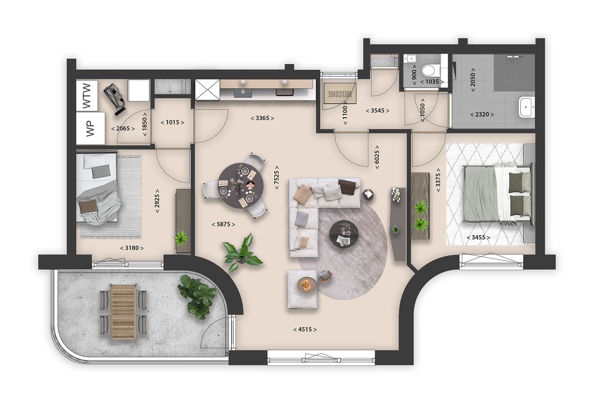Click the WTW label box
[87, 96]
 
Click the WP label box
[91, 128]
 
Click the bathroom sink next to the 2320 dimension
[526, 107]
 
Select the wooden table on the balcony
[123, 312]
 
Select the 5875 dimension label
[223, 224]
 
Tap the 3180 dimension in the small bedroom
[132, 248]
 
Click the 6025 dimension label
[377, 157]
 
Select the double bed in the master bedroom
[497, 193]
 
